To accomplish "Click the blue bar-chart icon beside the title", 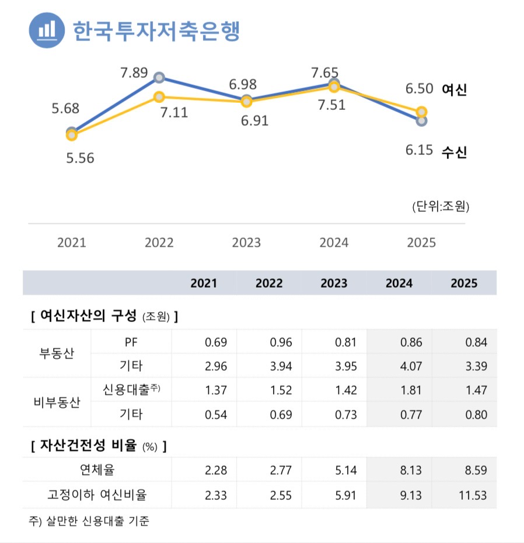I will [47, 30].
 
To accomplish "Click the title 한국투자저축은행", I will [156, 30].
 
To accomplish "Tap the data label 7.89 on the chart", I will [135, 73].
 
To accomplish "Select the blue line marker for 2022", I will [159, 78].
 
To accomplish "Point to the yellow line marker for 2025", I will [422, 112].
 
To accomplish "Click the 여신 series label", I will [455, 89].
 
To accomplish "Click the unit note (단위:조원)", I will [441, 206].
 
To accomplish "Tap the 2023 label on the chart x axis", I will [246, 243].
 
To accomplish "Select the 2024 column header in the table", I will [399, 283].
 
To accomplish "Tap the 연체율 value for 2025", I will [473, 470].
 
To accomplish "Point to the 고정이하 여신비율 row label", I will [97, 496].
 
